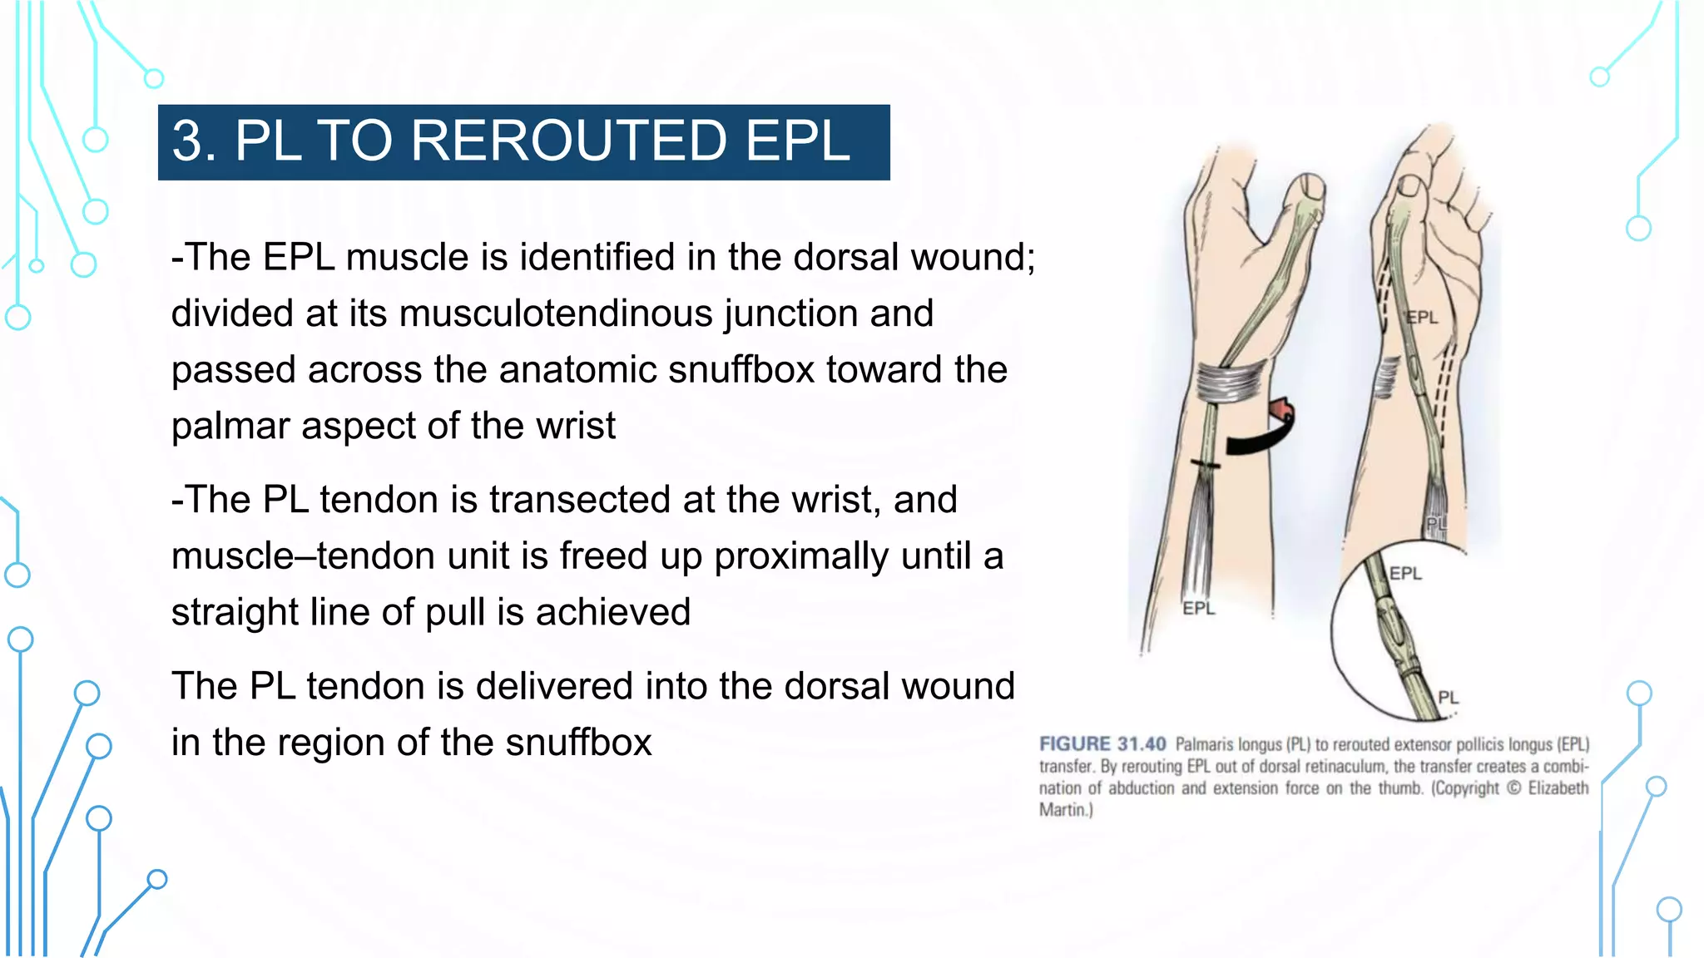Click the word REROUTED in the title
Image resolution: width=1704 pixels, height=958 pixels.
(569, 141)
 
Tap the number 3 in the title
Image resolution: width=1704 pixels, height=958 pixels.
(188, 141)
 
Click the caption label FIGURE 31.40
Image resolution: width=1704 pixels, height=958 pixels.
(1102, 744)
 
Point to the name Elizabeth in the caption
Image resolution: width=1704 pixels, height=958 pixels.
(1558, 788)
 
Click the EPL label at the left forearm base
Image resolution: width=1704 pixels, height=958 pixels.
(1198, 608)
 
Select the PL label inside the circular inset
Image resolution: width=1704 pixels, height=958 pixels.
(1448, 697)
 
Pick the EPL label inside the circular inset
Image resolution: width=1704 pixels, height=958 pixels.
(1405, 573)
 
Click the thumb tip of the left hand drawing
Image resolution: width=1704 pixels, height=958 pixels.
(1308, 187)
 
